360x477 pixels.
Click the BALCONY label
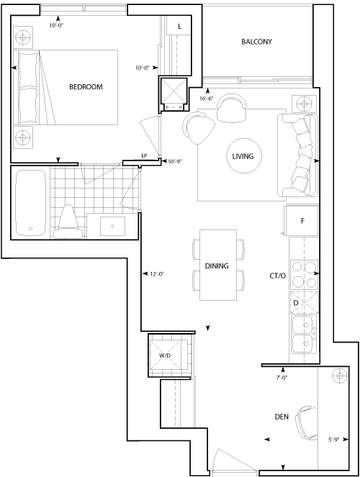[256, 42]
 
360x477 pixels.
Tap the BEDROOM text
[86, 87]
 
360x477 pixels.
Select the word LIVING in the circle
[243, 156]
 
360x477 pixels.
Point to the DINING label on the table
[217, 266]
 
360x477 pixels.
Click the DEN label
[282, 417]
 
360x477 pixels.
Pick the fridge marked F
[302, 221]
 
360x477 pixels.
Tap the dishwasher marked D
[305, 303]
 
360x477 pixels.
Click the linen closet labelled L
[179, 26]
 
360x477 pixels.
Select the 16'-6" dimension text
[207, 99]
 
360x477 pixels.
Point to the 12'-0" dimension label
[157, 274]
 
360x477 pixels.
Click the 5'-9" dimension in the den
[333, 440]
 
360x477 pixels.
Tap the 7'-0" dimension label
[282, 378]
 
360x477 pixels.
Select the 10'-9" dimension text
[175, 162]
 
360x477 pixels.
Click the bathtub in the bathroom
[30, 203]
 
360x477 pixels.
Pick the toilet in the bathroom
[68, 222]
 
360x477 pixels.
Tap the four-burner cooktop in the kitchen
[305, 275]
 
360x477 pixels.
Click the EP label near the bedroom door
[144, 156]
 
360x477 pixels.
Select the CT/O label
[277, 276]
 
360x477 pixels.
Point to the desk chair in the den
[307, 423]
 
